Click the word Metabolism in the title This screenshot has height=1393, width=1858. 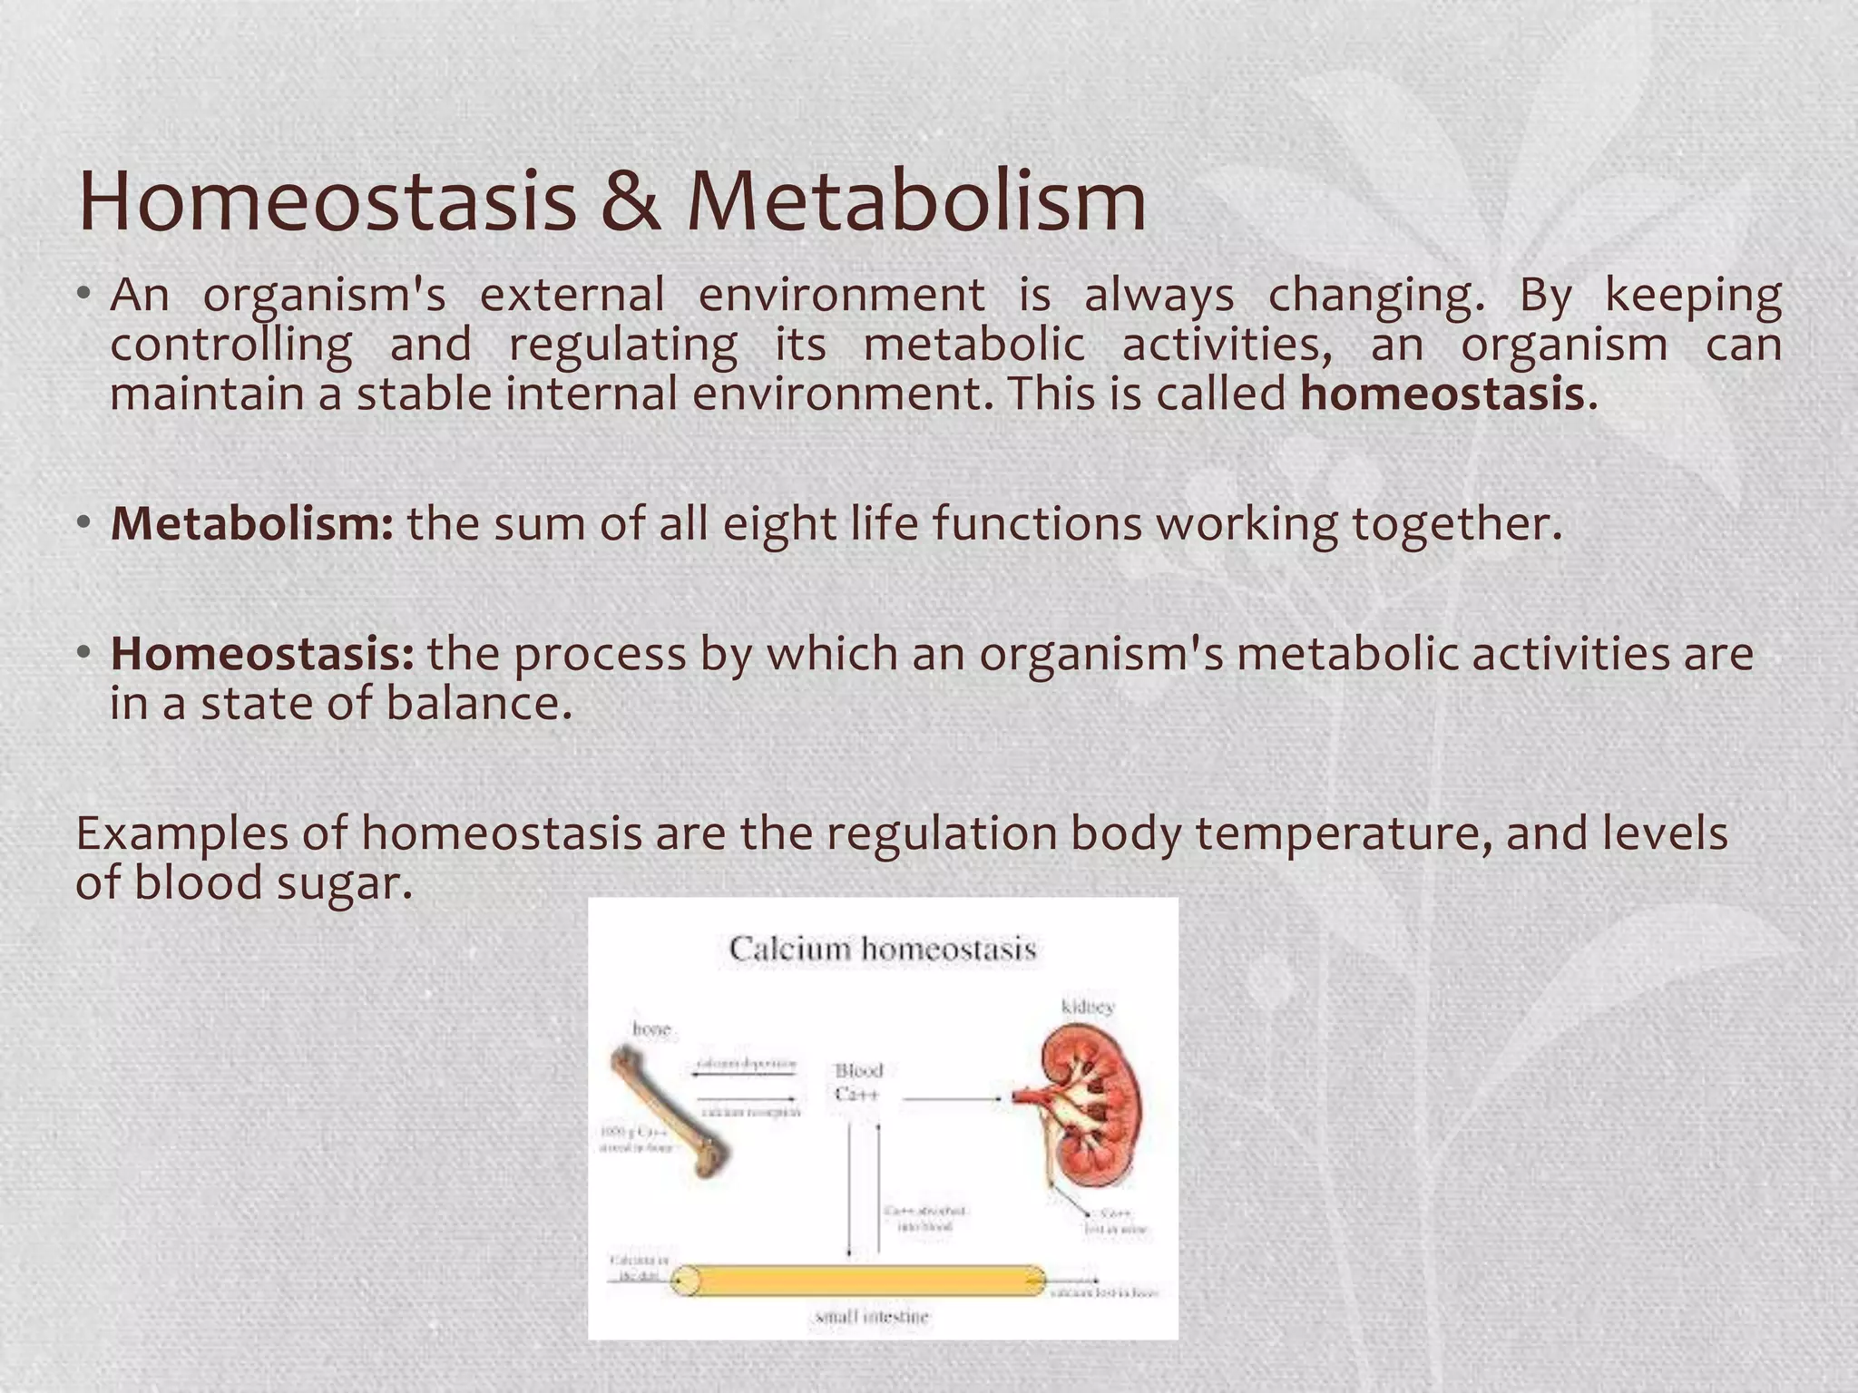[x=916, y=201]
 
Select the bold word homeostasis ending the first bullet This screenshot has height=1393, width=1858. [x=1442, y=395]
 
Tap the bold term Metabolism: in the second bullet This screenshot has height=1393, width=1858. [x=252, y=524]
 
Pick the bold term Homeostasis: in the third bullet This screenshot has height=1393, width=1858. [x=262, y=654]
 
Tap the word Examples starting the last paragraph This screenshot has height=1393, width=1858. [x=181, y=833]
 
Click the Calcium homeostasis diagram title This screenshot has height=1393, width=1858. [x=882, y=950]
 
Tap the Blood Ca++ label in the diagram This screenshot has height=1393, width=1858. [x=857, y=1083]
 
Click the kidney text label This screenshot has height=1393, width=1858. [x=1088, y=1007]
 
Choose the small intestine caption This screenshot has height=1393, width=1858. [x=872, y=1317]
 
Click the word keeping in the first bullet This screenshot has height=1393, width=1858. [x=1693, y=296]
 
